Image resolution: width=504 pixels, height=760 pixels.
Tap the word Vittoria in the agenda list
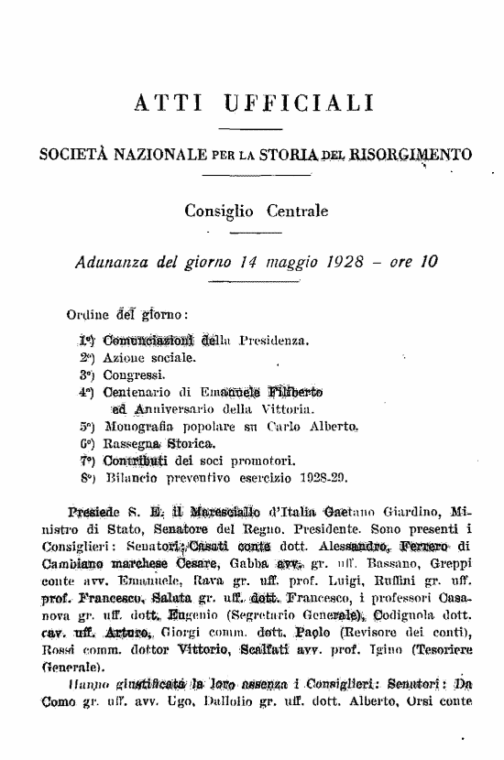pos(262,407)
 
